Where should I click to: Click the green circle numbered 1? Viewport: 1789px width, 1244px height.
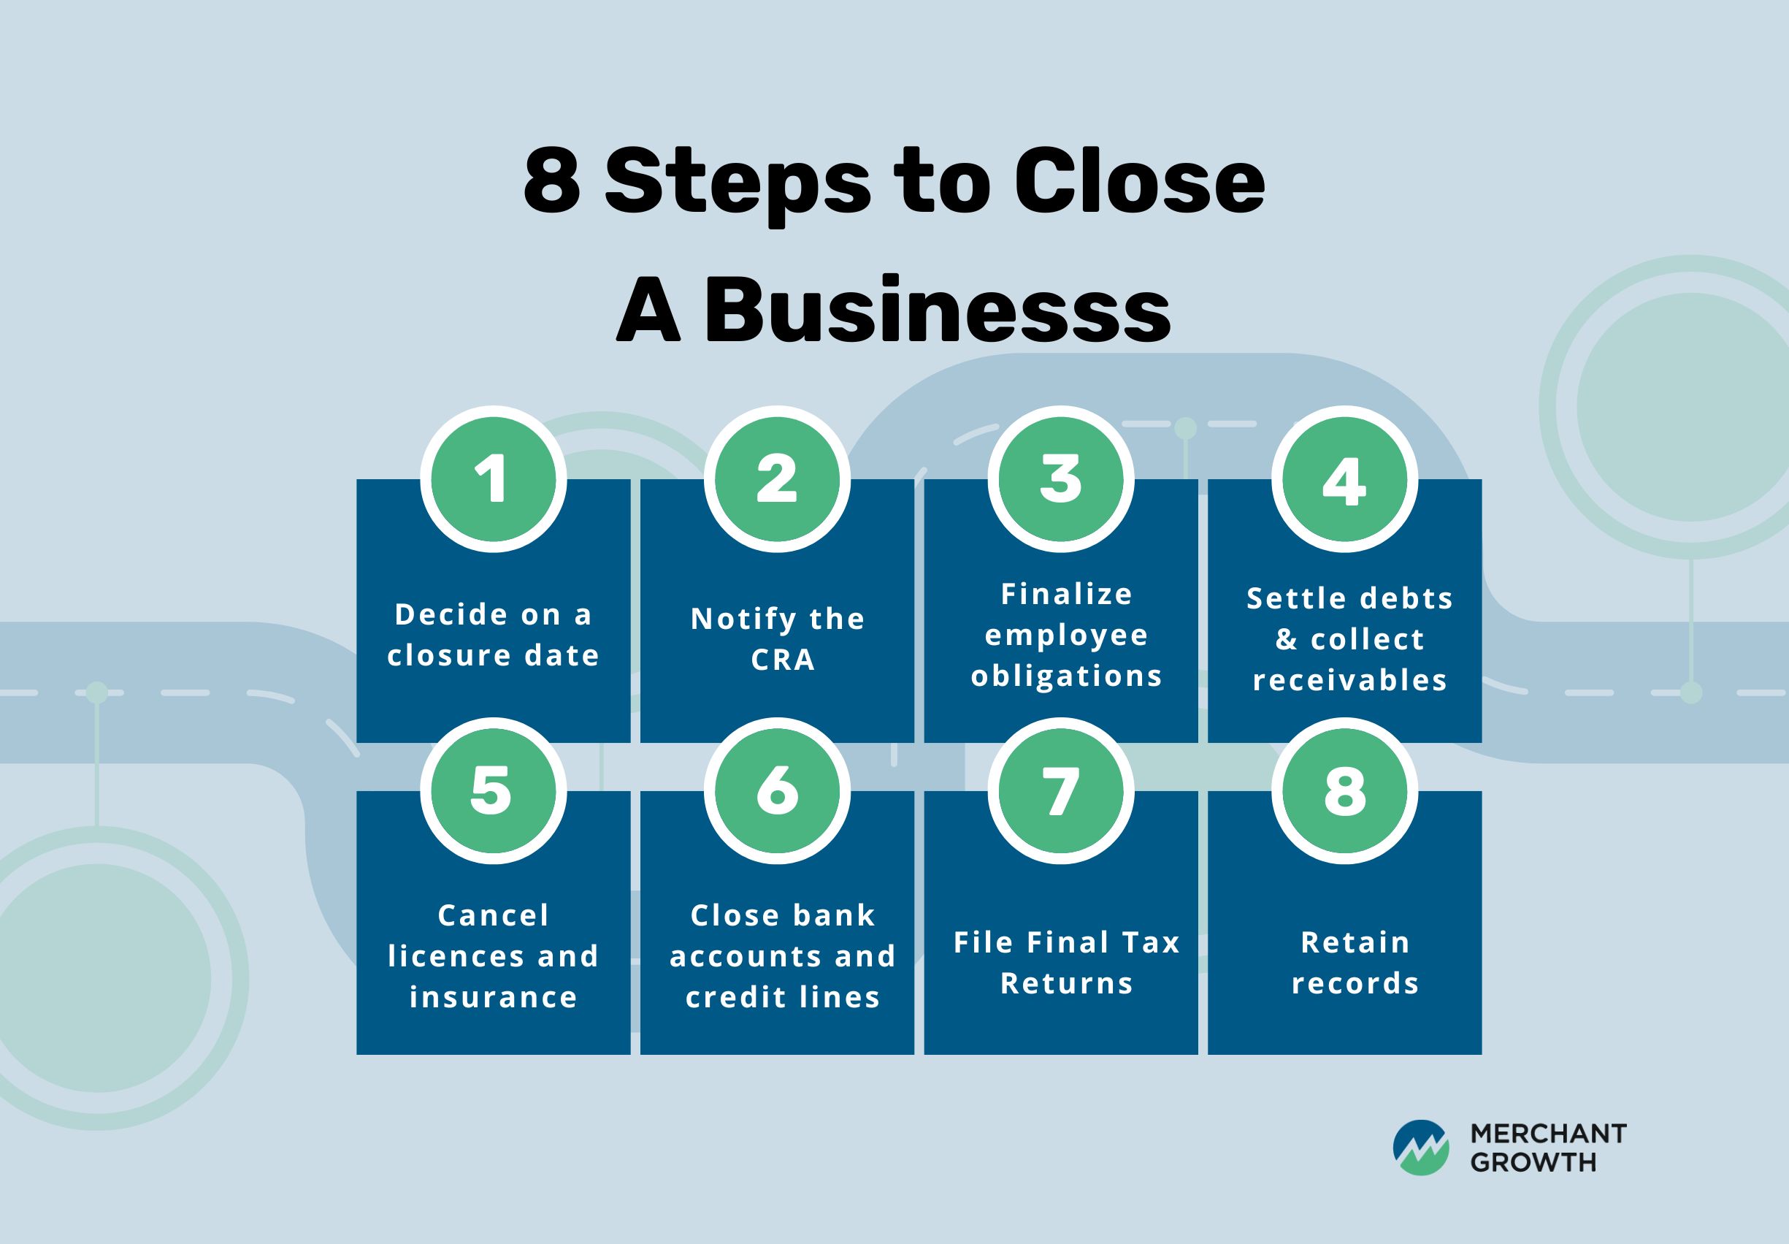(x=493, y=478)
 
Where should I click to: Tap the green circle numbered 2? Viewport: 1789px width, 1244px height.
(x=777, y=478)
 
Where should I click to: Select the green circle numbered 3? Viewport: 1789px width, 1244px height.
(x=1060, y=478)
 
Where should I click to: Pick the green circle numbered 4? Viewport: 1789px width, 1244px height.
(x=1344, y=478)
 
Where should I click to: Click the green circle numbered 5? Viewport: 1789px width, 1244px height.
(x=493, y=790)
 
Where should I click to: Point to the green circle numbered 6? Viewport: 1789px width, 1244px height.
(x=777, y=790)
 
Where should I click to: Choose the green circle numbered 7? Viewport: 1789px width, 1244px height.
(x=1060, y=790)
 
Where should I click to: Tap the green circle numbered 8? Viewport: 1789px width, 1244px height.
(x=1344, y=790)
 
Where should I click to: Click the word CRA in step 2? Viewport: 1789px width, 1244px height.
(x=782, y=660)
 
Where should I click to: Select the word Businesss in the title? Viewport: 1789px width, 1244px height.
(x=938, y=310)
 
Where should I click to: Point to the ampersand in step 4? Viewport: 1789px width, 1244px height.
(x=1286, y=639)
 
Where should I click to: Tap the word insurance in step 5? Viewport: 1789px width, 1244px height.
(x=493, y=997)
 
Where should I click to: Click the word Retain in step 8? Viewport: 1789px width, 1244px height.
(x=1356, y=942)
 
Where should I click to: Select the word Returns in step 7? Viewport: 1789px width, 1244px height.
(x=1067, y=984)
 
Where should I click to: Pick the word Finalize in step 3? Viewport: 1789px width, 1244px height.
(x=1067, y=594)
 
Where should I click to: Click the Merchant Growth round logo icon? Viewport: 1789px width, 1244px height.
(x=1420, y=1148)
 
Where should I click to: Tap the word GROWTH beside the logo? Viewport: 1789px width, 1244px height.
(x=1533, y=1162)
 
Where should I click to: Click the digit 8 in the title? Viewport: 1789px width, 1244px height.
(x=551, y=182)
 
